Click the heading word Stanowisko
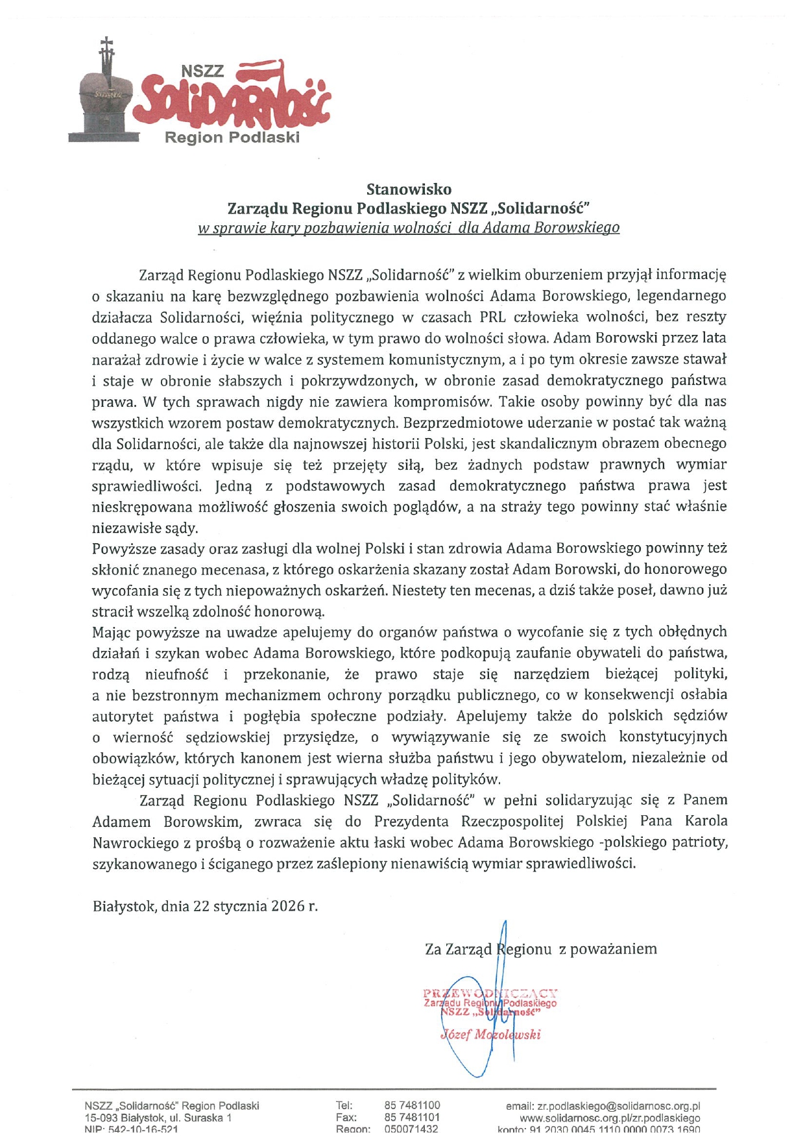coord(409,190)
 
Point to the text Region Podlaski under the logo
coord(232,138)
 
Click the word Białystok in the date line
coord(123,906)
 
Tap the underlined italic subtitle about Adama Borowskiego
coord(409,228)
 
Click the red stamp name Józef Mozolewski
coord(490,1035)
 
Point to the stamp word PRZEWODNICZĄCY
coord(490,993)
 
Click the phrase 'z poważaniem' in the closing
coord(607,949)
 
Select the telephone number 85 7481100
coord(412,1105)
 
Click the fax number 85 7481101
coord(412,1117)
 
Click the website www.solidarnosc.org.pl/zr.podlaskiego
coord(610,1118)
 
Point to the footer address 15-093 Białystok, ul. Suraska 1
coord(158,1118)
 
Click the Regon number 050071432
coord(411,1129)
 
